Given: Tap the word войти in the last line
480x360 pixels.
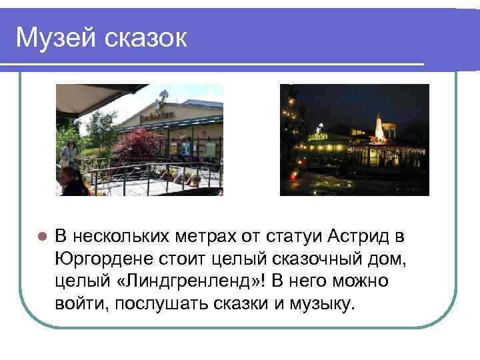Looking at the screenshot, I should pyautogui.click(x=83, y=304).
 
